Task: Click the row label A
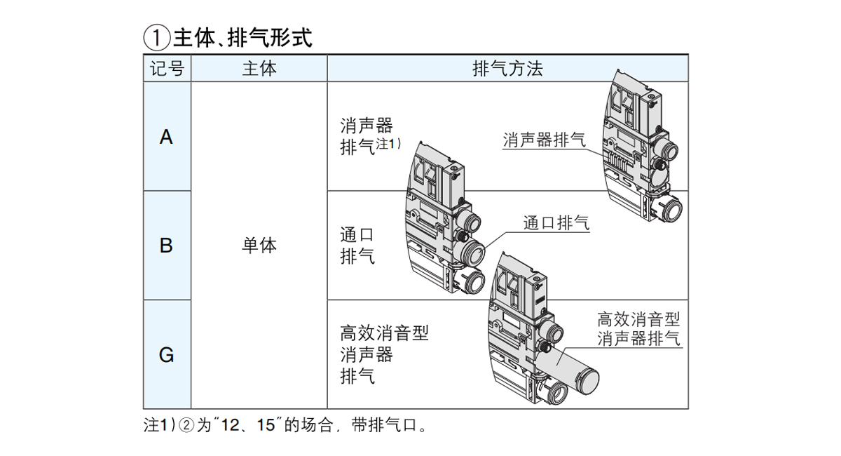click(166, 137)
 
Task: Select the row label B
click(166, 246)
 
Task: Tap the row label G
click(166, 355)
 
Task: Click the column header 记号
click(167, 69)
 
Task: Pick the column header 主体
click(259, 69)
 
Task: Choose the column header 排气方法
click(507, 69)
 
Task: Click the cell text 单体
click(259, 246)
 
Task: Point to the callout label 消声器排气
click(544, 139)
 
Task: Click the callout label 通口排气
click(556, 223)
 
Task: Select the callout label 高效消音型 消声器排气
click(638, 329)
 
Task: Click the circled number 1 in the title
click(156, 38)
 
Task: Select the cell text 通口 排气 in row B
click(357, 245)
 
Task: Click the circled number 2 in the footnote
click(186, 425)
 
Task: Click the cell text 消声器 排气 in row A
click(366, 137)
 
